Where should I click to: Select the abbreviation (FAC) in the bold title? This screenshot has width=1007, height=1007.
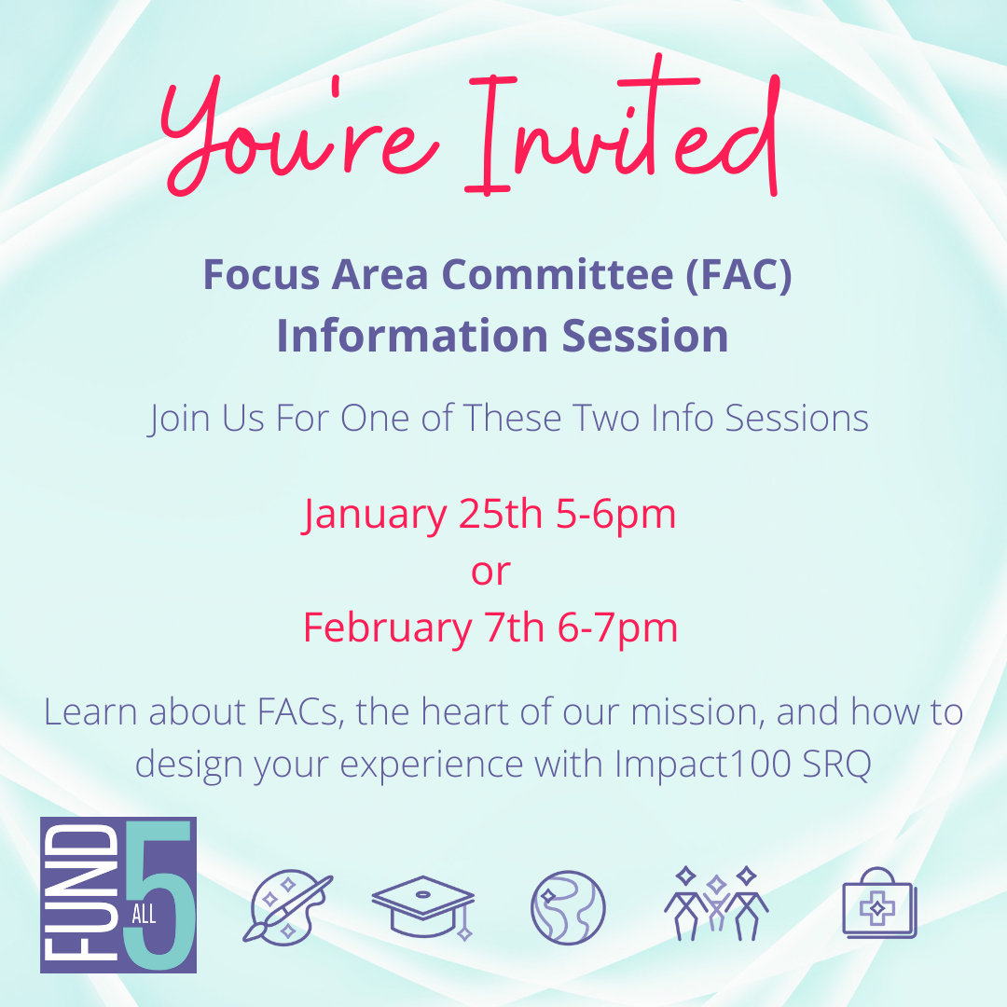(738, 275)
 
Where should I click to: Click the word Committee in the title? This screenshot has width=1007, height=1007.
(558, 274)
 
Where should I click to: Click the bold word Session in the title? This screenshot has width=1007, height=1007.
(645, 336)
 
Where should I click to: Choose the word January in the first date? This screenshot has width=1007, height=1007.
(375, 516)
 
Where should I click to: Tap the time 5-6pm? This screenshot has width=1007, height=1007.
(616, 516)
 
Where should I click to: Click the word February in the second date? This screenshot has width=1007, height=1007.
(387, 628)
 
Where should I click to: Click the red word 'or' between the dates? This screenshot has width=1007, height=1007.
(490, 572)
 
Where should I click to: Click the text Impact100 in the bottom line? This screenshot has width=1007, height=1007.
(703, 765)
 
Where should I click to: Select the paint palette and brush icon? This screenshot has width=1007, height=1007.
(288, 908)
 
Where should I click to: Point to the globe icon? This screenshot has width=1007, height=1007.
(568, 907)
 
